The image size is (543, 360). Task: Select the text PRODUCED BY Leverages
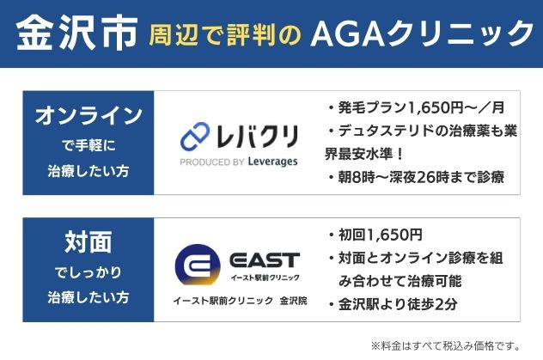click(x=240, y=161)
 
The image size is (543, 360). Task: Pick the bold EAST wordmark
click(x=265, y=259)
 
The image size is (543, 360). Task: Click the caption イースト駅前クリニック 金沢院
click(x=240, y=302)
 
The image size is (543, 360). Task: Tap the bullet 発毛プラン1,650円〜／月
click(x=419, y=108)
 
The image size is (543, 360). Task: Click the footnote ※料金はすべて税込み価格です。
click(x=446, y=345)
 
